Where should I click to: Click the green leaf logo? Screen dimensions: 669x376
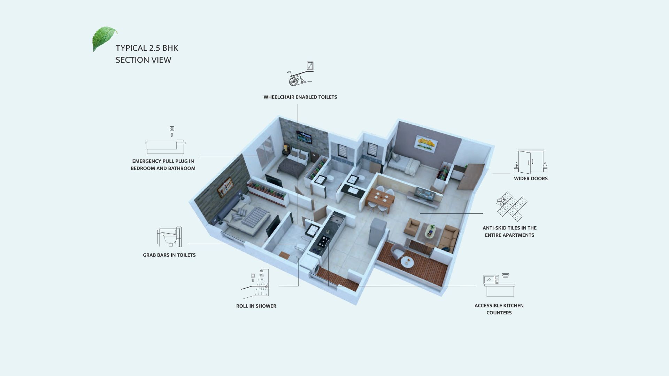pyautogui.click(x=104, y=38)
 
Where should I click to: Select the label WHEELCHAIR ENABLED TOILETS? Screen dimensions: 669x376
pyautogui.click(x=300, y=97)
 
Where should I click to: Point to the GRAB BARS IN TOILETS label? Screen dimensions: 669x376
pyautogui.click(x=169, y=255)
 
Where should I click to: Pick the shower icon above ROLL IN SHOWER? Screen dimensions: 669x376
pyautogui.click(x=255, y=284)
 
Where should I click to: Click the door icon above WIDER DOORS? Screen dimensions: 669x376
pyautogui.click(x=531, y=162)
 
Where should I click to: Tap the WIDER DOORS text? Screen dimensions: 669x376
pyautogui.click(x=531, y=179)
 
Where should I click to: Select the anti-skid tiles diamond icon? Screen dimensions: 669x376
pyautogui.click(x=512, y=206)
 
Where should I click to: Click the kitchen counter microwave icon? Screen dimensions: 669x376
pyautogui.click(x=499, y=285)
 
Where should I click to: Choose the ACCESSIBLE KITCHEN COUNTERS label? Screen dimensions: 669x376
pyautogui.click(x=499, y=309)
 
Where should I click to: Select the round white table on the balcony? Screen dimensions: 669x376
pyautogui.click(x=407, y=262)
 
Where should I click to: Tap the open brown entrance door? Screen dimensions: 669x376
pyautogui.click(x=471, y=177)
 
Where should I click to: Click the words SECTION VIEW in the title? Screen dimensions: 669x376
pyautogui.click(x=144, y=60)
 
